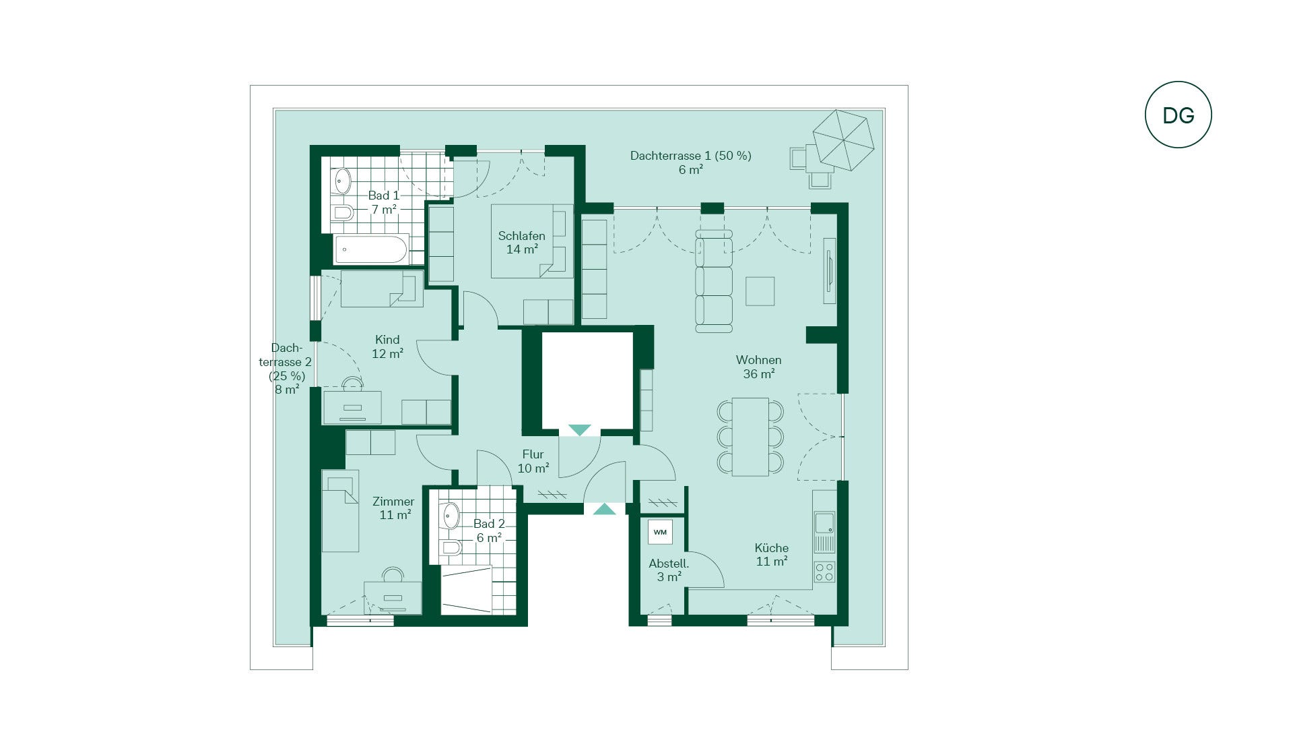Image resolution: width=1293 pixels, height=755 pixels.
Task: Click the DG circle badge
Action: (1178, 115)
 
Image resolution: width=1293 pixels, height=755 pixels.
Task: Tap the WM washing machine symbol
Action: (660, 532)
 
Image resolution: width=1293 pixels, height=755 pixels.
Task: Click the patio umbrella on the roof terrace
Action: (843, 140)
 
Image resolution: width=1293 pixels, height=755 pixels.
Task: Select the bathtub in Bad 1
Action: (371, 249)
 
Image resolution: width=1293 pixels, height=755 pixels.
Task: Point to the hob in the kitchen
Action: (824, 572)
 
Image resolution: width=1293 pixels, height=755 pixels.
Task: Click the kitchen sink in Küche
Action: (824, 522)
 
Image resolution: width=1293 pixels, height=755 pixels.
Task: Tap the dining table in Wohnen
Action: (750, 437)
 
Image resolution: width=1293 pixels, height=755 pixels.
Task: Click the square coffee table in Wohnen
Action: (760, 291)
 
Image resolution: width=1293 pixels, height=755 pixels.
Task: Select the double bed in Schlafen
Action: (532, 241)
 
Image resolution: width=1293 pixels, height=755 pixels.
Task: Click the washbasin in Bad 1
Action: (343, 181)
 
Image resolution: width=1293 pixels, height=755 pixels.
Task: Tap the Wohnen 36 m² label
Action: (759, 367)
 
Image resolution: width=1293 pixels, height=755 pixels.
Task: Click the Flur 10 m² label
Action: (533, 461)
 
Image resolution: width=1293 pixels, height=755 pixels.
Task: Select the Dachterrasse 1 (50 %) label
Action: (691, 162)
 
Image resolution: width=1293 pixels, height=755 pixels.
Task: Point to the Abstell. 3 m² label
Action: (669, 570)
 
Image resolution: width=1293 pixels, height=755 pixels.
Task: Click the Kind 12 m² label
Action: (387, 346)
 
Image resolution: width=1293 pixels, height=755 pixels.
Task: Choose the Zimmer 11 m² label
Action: (394, 508)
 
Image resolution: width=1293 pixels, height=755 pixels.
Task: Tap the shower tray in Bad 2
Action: (467, 590)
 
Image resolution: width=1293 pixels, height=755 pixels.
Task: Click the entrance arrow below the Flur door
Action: (604, 509)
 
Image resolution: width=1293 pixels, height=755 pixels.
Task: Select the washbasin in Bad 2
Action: (451, 516)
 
